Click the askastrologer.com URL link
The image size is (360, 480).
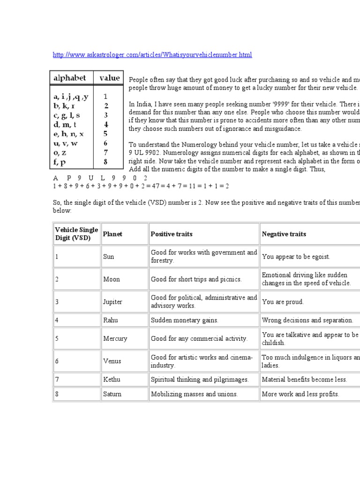pos(152,55)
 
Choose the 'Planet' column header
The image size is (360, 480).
pos(112,234)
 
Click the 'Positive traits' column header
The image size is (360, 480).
pos(172,234)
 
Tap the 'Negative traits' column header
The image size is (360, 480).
pos(284,234)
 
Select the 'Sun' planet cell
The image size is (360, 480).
pos(109,257)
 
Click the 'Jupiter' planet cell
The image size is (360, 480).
pos(112,302)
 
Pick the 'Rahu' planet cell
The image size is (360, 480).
pos(110,320)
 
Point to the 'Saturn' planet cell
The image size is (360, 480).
pos(112,394)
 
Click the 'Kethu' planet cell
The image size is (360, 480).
pos(111,379)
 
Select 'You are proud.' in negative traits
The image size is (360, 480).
pos(283,302)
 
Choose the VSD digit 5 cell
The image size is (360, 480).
pos(57,338)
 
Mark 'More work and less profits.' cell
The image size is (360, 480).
pos(300,394)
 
